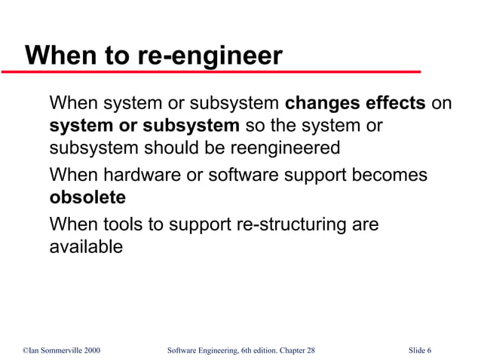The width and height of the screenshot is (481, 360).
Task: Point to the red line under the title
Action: (211, 72)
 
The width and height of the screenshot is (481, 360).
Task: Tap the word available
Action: (85, 246)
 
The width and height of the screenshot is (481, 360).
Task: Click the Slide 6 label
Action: (420, 350)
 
